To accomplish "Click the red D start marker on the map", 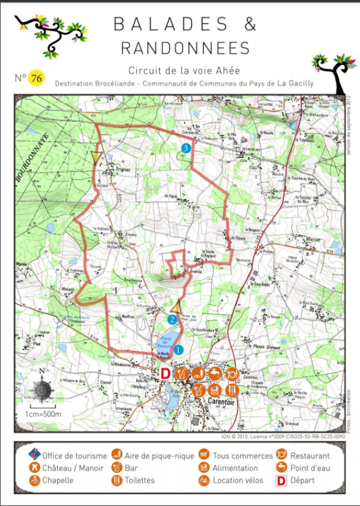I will click(x=166, y=373).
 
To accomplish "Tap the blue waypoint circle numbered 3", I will click(x=186, y=148).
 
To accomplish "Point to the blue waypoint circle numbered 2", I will click(x=173, y=319).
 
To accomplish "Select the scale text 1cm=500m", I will click(x=42, y=415).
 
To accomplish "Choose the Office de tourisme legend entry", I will click(x=75, y=456).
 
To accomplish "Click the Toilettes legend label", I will click(x=140, y=480).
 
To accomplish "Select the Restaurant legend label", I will click(x=310, y=456).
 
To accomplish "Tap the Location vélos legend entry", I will click(x=238, y=480).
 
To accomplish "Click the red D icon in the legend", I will click(x=280, y=480).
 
